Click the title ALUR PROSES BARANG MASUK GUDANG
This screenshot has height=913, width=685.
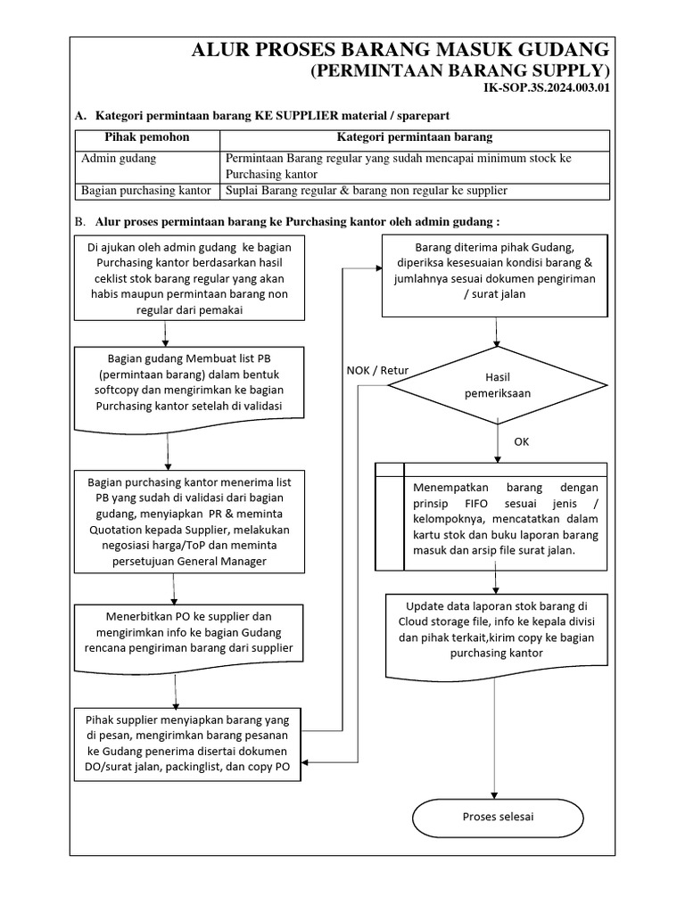[x=401, y=49]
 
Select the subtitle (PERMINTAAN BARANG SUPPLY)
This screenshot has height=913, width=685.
[x=459, y=70]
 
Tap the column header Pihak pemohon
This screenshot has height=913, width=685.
[x=147, y=137]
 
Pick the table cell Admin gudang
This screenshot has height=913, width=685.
[x=119, y=158]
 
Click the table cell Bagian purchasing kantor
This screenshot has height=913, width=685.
[x=146, y=191]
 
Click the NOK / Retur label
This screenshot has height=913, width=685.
[x=377, y=370]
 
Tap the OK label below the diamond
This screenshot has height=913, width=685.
[x=522, y=442]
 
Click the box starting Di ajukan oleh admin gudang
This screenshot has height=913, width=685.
[x=164, y=276]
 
